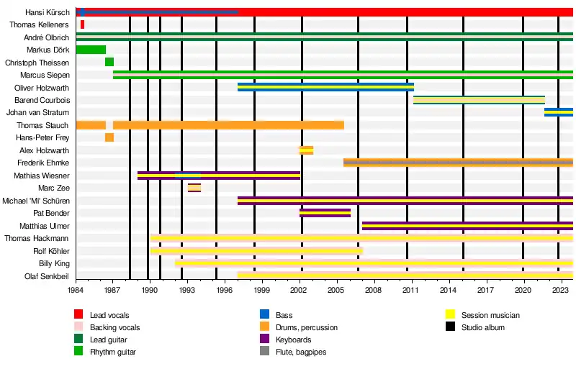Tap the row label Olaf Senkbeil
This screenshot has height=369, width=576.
(47, 275)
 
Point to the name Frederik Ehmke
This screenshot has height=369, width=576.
(44, 163)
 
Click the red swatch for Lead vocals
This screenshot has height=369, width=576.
(78, 315)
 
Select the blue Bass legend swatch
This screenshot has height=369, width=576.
(264, 315)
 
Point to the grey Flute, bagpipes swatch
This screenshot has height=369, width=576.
(264, 352)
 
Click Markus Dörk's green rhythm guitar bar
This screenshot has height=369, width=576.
(91, 50)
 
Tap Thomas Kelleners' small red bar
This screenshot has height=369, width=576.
(82, 24)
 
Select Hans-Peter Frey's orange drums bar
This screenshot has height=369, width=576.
(109, 137)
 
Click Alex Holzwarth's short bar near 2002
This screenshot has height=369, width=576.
(306, 150)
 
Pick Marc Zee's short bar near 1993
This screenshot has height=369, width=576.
(194, 188)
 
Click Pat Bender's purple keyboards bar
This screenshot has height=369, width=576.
(325, 213)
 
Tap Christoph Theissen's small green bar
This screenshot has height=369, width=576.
(109, 63)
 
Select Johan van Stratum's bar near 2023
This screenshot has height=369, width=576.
(558, 112)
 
